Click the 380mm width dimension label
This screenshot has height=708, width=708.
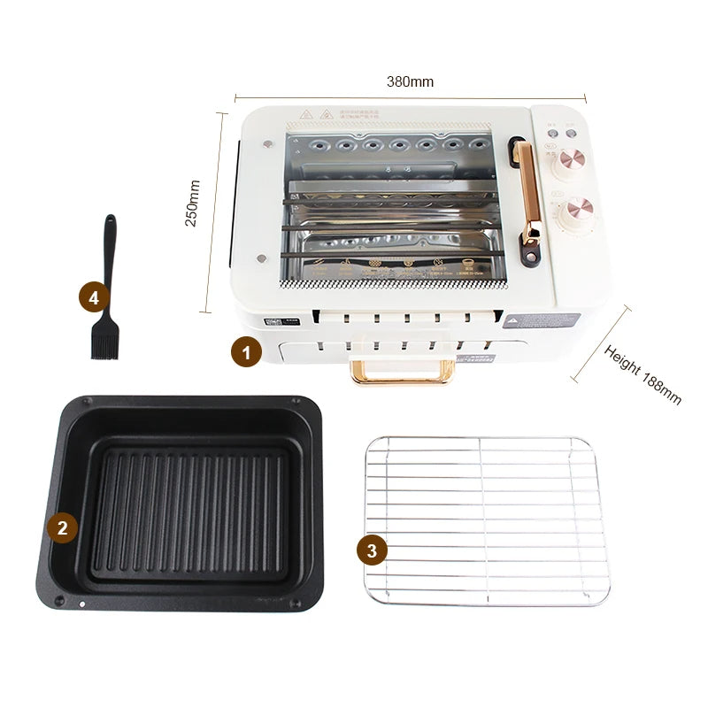coord(410,81)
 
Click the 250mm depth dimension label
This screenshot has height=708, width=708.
coord(192,203)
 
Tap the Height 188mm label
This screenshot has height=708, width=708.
coord(643,373)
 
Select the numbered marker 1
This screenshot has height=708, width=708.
coord(246,352)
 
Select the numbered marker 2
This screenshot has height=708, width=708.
coord(62,528)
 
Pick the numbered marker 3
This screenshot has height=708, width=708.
coord(372,550)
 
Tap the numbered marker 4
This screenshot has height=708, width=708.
coord(94,297)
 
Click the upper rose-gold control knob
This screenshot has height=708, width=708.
coord(571,162)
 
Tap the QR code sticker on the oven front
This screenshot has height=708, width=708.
coord(285,323)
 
